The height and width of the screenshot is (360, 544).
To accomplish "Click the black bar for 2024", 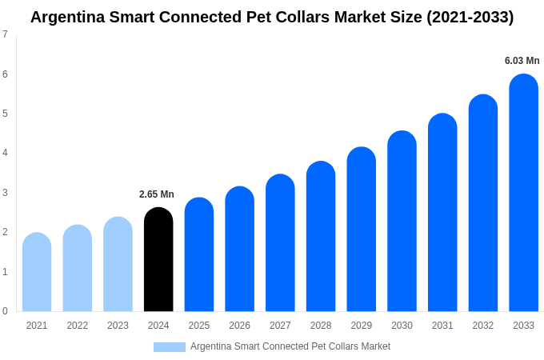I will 158,259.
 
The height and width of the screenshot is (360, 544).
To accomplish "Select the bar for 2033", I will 523,193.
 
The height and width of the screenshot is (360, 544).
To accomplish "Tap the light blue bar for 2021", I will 37,272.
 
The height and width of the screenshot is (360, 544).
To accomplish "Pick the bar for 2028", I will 321,236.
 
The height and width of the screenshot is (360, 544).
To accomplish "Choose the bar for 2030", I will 402,221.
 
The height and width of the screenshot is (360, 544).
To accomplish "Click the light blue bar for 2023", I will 118,264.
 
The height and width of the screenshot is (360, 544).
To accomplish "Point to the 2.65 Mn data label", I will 157,194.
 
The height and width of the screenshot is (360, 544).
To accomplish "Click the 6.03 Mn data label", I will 522,61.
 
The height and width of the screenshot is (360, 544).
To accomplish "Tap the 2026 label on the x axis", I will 239,326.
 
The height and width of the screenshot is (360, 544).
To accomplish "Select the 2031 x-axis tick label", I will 442,326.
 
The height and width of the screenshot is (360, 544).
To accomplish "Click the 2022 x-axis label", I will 78,326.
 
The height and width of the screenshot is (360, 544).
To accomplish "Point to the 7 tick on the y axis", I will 5,34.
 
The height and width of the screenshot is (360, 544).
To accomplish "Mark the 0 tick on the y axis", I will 5,311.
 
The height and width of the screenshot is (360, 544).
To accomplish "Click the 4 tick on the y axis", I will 5,153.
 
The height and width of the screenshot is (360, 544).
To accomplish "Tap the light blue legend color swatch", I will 170,347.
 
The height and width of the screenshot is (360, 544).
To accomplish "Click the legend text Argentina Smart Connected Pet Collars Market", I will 290,346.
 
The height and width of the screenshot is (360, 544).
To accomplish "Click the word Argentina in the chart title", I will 67,17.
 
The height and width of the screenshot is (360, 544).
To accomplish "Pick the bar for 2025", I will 199,254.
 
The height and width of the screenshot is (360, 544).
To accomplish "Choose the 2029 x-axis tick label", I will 361,326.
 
